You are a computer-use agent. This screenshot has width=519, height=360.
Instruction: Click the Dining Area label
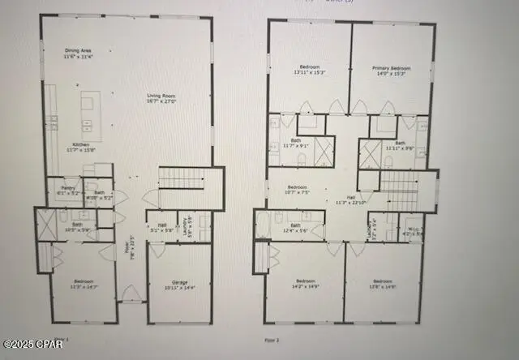point(79,54)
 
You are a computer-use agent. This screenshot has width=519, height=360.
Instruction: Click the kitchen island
point(91,112)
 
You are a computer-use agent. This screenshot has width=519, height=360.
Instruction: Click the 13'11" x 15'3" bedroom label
point(309,71)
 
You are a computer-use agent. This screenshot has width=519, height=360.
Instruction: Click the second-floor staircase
point(398,192)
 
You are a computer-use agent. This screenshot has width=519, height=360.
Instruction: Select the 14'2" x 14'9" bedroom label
point(302,284)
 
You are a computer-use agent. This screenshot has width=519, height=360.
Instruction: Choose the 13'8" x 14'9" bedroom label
point(384,284)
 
